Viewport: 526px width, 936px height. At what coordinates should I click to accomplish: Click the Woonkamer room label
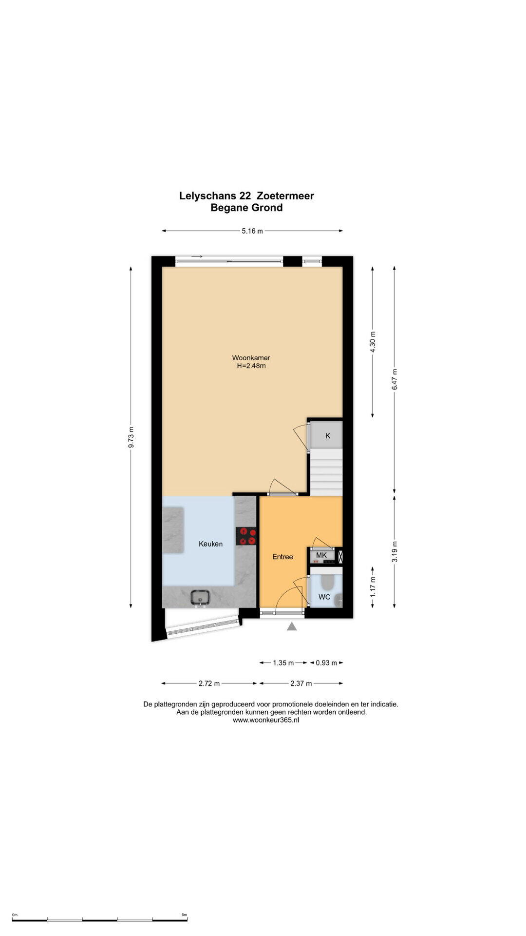(251, 358)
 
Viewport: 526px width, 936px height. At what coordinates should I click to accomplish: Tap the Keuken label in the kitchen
(210, 544)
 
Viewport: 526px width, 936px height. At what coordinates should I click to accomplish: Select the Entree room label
(282, 556)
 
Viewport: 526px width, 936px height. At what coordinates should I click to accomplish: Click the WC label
(324, 597)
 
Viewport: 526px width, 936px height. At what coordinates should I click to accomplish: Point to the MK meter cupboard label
(321, 555)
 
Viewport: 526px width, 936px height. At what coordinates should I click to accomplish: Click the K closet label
(328, 435)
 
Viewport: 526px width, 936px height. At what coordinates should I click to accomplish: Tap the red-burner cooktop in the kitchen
(246, 536)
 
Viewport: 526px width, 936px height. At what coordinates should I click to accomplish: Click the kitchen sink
(200, 598)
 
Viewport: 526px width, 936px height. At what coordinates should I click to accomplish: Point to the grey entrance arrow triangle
(292, 626)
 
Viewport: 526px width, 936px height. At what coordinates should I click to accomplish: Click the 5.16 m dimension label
(252, 231)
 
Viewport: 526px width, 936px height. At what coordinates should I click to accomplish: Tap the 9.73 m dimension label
(131, 437)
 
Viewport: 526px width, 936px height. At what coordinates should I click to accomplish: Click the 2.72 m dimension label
(209, 683)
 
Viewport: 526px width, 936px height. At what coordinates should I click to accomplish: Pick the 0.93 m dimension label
(326, 663)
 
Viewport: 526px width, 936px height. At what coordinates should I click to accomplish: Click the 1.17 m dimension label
(373, 586)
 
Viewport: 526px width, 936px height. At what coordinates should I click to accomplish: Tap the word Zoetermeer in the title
(285, 196)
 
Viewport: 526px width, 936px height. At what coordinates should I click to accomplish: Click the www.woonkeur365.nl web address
(266, 720)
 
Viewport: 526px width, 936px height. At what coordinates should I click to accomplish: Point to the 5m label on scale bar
(184, 915)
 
